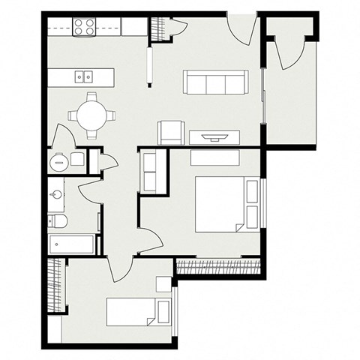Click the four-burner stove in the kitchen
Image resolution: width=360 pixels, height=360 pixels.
tap(84, 27)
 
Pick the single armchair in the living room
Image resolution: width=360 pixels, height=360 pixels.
tap(170, 132)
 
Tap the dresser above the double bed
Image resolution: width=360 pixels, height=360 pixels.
tap(214, 157)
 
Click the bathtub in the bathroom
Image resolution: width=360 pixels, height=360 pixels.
tap(73, 244)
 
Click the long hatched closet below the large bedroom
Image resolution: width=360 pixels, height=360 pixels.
tap(218, 265)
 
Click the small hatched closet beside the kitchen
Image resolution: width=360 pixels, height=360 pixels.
tap(158, 28)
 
